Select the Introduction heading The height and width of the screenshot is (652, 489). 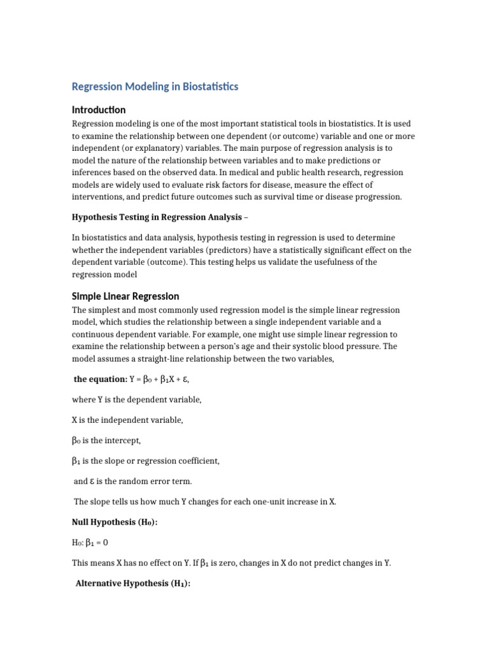[99, 110]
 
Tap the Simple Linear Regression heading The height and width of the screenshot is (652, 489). [125, 296]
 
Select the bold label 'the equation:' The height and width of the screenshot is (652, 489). [101, 379]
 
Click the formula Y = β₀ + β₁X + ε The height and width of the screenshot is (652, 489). [159, 379]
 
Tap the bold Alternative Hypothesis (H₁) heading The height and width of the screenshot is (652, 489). [133, 584]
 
